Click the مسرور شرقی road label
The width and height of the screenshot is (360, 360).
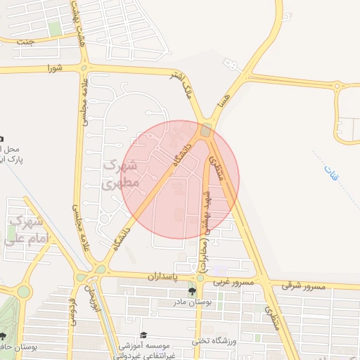point(304,285)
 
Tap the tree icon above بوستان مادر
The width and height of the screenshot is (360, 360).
point(191,291)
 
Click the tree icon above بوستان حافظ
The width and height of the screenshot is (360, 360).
point(4,337)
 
